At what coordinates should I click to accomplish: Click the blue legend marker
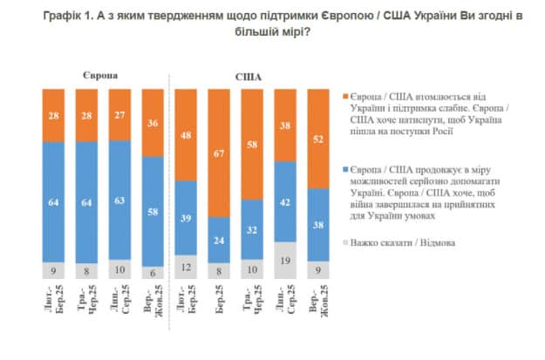[x=347, y=162]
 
